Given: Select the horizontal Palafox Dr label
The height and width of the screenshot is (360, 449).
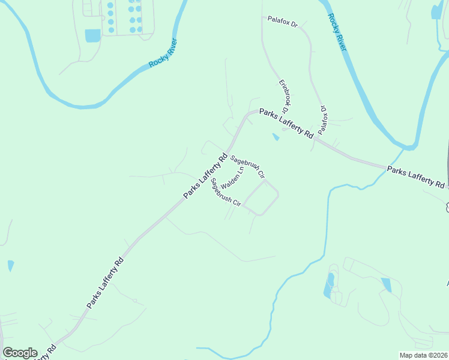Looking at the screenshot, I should (x=283, y=24).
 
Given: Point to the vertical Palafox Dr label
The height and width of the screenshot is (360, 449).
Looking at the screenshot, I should (x=323, y=119).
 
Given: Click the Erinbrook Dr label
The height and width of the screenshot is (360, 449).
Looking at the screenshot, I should (x=285, y=97).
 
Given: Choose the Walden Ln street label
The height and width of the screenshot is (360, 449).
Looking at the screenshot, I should (x=232, y=178).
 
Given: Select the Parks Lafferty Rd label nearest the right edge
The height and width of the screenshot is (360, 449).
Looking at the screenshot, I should (x=416, y=177).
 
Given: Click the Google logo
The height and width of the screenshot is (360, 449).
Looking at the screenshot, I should (x=20, y=353).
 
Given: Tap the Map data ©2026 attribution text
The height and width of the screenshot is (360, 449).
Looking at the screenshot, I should (x=423, y=355).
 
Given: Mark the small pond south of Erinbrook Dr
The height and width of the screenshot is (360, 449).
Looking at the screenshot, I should (x=276, y=137).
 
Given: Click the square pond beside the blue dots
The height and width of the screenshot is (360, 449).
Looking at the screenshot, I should (x=93, y=35).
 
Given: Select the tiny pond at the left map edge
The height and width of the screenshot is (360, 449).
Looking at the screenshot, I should (x=10, y=265).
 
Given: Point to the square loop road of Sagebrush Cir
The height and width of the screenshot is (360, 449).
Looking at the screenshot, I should (x=259, y=197).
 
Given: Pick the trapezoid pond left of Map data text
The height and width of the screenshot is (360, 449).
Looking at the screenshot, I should (x=386, y=285).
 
